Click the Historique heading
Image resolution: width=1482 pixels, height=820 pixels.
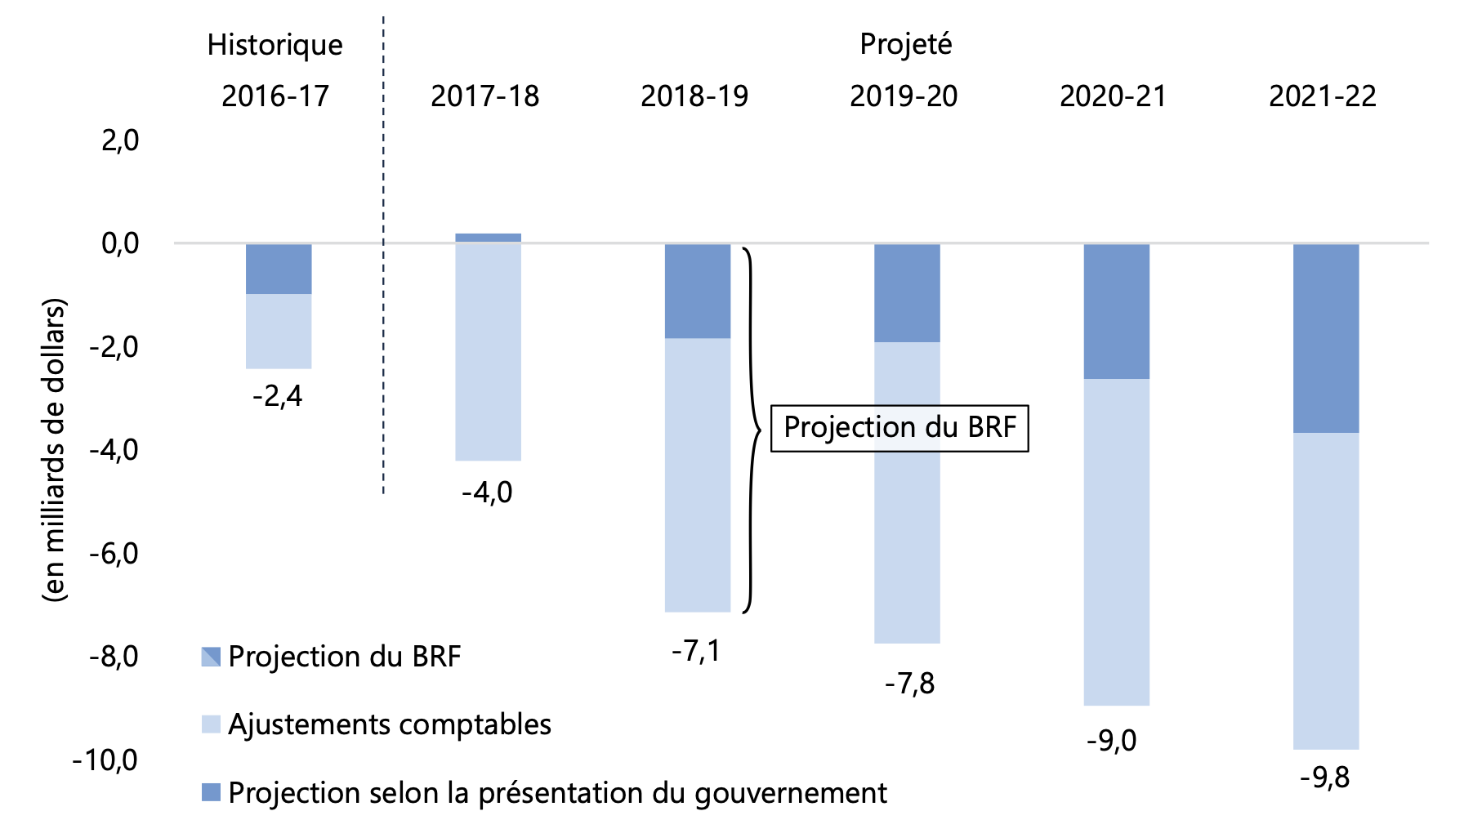click(x=275, y=45)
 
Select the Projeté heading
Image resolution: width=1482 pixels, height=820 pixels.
click(x=905, y=44)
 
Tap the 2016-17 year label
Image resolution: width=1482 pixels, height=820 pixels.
click(x=275, y=96)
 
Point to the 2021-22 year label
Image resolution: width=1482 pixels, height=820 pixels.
click(x=1322, y=96)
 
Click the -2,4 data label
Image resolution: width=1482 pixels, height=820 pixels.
click(x=278, y=397)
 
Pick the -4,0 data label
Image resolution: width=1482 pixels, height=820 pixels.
click(x=487, y=492)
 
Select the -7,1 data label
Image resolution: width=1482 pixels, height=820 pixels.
click(x=696, y=651)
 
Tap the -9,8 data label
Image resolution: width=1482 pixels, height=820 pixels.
click(x=1324, y=778)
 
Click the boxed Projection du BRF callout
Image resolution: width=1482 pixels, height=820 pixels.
click(x=899, y=427)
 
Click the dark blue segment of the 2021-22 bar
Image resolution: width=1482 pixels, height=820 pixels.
click(x=1325, y=338)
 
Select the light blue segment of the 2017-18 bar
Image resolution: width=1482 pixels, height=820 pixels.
click(x=488, y=351)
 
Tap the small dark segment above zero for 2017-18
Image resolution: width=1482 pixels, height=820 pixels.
click(x=488, y=238)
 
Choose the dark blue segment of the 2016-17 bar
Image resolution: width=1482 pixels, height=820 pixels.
click(x=279, y=269)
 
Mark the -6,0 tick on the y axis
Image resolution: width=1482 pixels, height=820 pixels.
click(x=114, y=554)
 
